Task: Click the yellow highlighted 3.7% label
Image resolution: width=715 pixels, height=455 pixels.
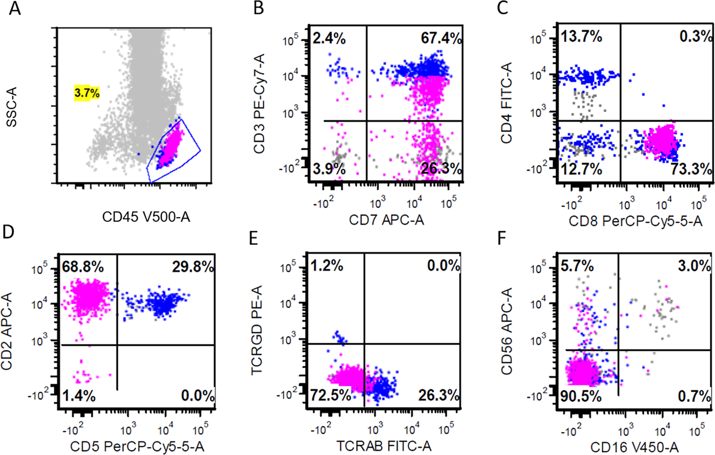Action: [x=87, y=93]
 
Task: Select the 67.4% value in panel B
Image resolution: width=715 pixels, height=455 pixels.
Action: [x=441, y=38]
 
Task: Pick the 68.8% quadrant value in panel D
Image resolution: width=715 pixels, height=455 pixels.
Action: [x=83, y=266]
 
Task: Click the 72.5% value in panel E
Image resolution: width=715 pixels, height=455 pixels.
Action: [x=330, y=395]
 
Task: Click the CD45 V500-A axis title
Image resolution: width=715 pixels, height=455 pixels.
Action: [x=146, y=217]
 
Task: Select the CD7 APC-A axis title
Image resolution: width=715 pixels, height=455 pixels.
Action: [x=386, y=220]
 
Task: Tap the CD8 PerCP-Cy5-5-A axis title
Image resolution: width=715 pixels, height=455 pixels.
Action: [x=635, y=221]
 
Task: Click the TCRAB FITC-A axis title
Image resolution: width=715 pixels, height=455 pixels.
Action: [x=384, y=446]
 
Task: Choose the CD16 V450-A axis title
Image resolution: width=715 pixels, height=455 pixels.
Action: [x=634, y=447]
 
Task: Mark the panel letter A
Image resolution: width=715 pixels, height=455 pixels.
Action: [x=15, y=8]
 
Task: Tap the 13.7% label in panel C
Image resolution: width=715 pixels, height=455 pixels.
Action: [x=581, y=37]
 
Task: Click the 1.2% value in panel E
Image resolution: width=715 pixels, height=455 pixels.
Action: [x=327, y=265]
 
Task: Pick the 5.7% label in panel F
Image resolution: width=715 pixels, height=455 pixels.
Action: [x=576, y=265]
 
